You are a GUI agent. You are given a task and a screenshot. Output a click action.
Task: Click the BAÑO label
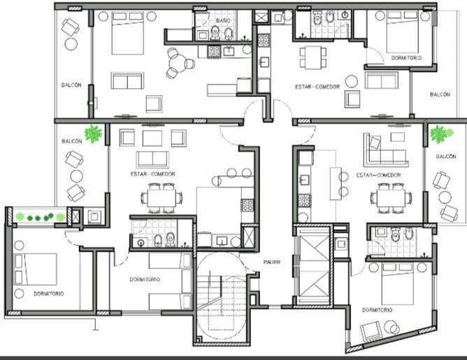(x=223, y=21)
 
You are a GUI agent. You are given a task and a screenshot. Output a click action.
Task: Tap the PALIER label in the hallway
(x=272, y=262)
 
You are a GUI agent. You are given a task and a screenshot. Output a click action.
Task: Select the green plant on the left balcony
(x=92, y=134)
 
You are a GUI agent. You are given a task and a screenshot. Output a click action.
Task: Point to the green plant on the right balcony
(x=440, y=134)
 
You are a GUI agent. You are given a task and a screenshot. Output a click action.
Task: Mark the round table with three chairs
(x=180, y=64)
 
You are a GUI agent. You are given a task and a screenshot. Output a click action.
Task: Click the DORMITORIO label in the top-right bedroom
(x=405, y=57)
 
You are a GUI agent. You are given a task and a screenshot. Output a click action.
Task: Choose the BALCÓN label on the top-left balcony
(x=71, y=85)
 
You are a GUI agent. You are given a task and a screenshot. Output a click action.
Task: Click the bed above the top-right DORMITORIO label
(x=392, y=28)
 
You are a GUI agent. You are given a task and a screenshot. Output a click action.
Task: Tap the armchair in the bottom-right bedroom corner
(x=369, y=330)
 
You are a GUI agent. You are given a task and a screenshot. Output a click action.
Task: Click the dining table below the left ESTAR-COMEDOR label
(x=160, y=198)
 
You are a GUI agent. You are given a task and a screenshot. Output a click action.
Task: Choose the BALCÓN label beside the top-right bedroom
(x=440, y=94)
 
